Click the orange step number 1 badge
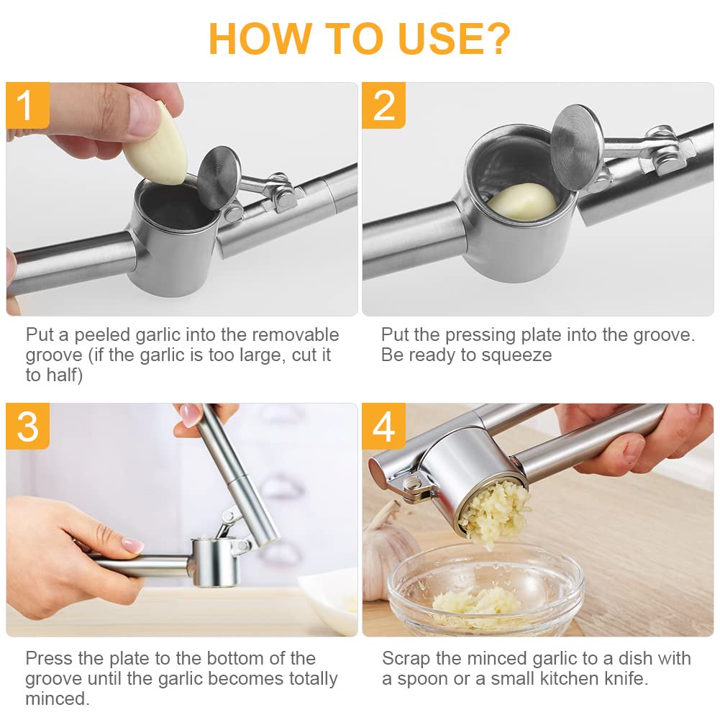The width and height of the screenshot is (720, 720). click(27, 105)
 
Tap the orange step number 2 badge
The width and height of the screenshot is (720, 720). click(383, 105)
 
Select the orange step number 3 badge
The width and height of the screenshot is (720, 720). click(27, 427)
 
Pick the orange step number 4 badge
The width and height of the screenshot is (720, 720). click(383, 427)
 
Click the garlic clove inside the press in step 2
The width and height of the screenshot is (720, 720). click(523, 201)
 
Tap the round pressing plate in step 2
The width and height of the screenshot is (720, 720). click(576, 147)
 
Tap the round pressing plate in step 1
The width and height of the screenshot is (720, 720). click(219, 177)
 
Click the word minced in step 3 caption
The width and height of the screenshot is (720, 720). click(57, 699)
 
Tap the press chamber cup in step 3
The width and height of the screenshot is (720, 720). click(214, 560)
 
